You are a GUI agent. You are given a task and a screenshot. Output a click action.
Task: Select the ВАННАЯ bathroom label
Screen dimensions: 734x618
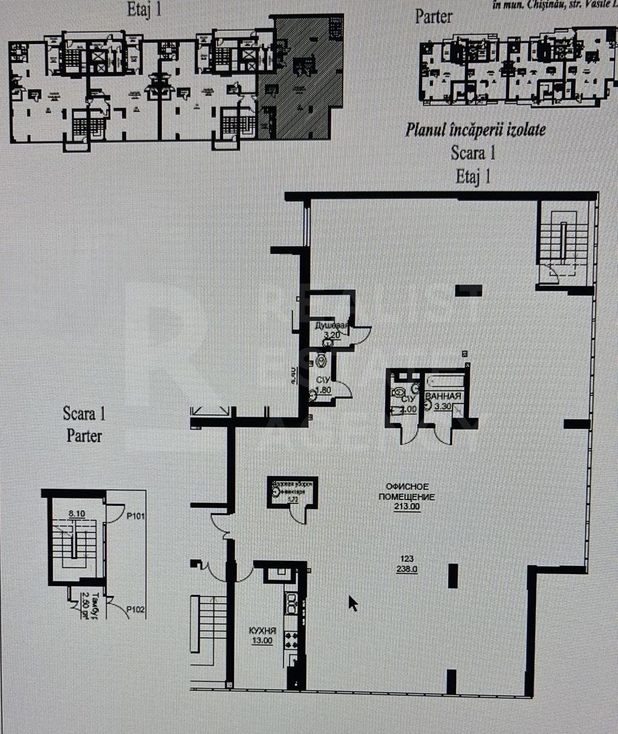point(443,396)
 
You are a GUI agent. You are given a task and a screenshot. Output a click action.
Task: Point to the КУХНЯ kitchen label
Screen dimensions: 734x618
point(262,631)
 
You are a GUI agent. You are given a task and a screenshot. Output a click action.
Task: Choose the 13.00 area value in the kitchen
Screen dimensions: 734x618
point(262,640)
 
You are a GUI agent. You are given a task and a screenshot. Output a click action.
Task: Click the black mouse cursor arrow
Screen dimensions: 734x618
point(353,604)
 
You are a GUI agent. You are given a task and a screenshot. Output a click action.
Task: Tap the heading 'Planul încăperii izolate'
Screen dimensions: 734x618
point(475,129)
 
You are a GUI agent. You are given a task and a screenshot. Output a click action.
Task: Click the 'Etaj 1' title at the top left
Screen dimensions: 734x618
point(144,10)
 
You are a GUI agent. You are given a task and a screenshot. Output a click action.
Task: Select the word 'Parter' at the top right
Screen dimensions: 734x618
point(433,16)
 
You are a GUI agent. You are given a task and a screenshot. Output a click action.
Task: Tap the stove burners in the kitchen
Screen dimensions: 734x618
point(291,640)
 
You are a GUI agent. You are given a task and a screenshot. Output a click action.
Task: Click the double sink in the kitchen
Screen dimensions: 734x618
point(291,602)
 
